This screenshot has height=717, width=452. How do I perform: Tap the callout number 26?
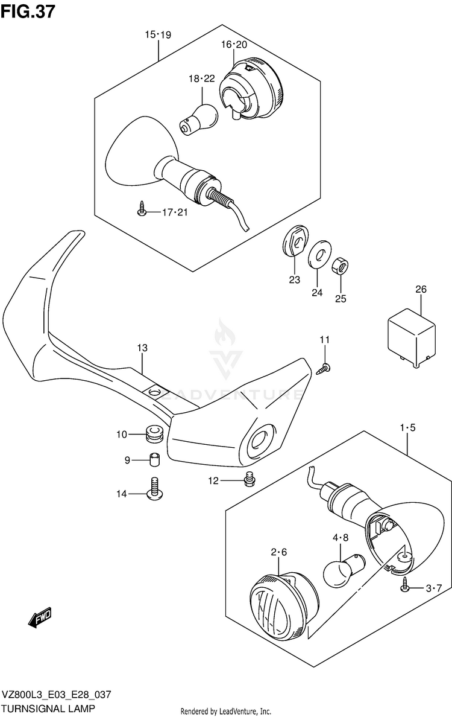pyautogui.click(x=420, y=290)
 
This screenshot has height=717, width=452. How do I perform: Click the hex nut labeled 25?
pyautogui.click(x=340, y=264)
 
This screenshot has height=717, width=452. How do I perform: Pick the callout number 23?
pyautogui.click(x=293, y=280)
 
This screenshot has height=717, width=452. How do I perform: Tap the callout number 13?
pyautogui.click(x=142, y=348)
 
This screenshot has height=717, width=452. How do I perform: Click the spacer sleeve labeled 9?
pyautogui.click(x=153, y=460)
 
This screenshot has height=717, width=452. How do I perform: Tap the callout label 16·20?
pyautogui.click(x=234, y=45)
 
